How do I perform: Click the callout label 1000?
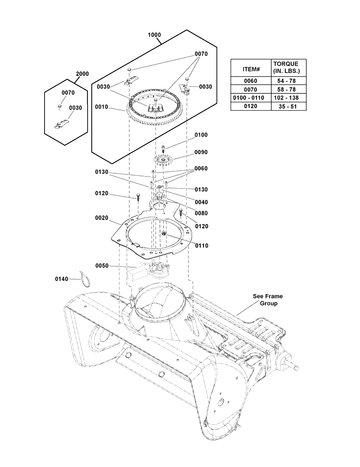154,35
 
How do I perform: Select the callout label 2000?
82,74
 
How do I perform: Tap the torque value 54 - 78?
288,81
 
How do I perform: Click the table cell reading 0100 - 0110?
250,98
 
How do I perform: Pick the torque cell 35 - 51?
288,106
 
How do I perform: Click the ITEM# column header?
250,69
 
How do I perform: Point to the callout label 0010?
102,107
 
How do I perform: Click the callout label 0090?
201,152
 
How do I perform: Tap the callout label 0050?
102,266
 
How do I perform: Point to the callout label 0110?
202,246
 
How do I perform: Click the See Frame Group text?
268,300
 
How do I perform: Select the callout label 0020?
102,218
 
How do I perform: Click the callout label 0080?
201,213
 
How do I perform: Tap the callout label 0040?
201,202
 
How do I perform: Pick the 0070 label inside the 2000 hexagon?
68,93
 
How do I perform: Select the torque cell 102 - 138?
288,98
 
